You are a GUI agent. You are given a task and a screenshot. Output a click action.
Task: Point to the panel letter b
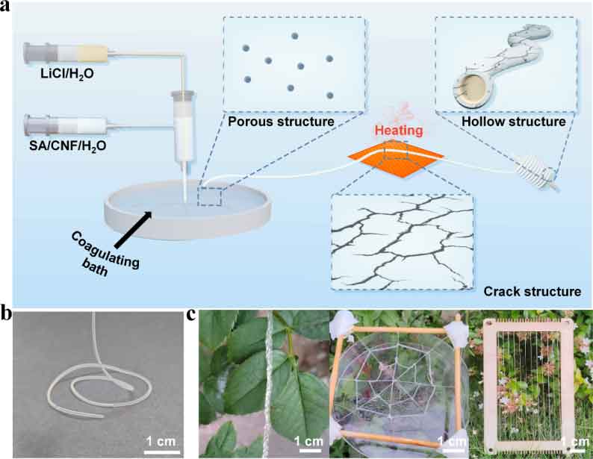click(x=8, y=314)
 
